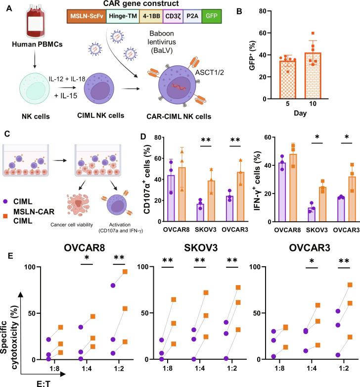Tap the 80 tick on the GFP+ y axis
tap(277, 10)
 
